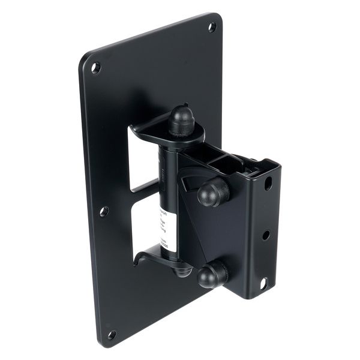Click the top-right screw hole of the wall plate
pos(212,26)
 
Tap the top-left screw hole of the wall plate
pos(95,68)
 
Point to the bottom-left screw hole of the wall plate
pos(111,334)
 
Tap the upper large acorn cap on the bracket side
pos(214,190)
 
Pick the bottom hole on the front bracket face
pos(263,283)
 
